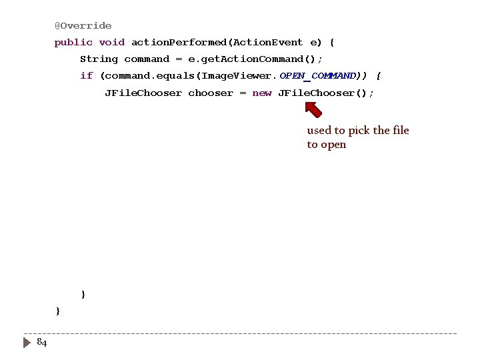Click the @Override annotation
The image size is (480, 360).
(x=83, y=26)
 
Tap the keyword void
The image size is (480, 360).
(x=112, y=43)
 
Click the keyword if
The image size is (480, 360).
(x=86, y=76)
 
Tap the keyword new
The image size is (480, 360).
(x=261, y=93)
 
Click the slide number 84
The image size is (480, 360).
(x=41, y=343)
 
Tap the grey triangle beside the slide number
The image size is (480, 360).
(x=27, y=343)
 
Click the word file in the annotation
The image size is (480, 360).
(x=401, y=131)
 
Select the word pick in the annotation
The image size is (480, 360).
(x=357, y=131)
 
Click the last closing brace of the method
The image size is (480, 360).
(x=58, y=311)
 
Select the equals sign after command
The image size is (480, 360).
(x=179, y=59)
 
